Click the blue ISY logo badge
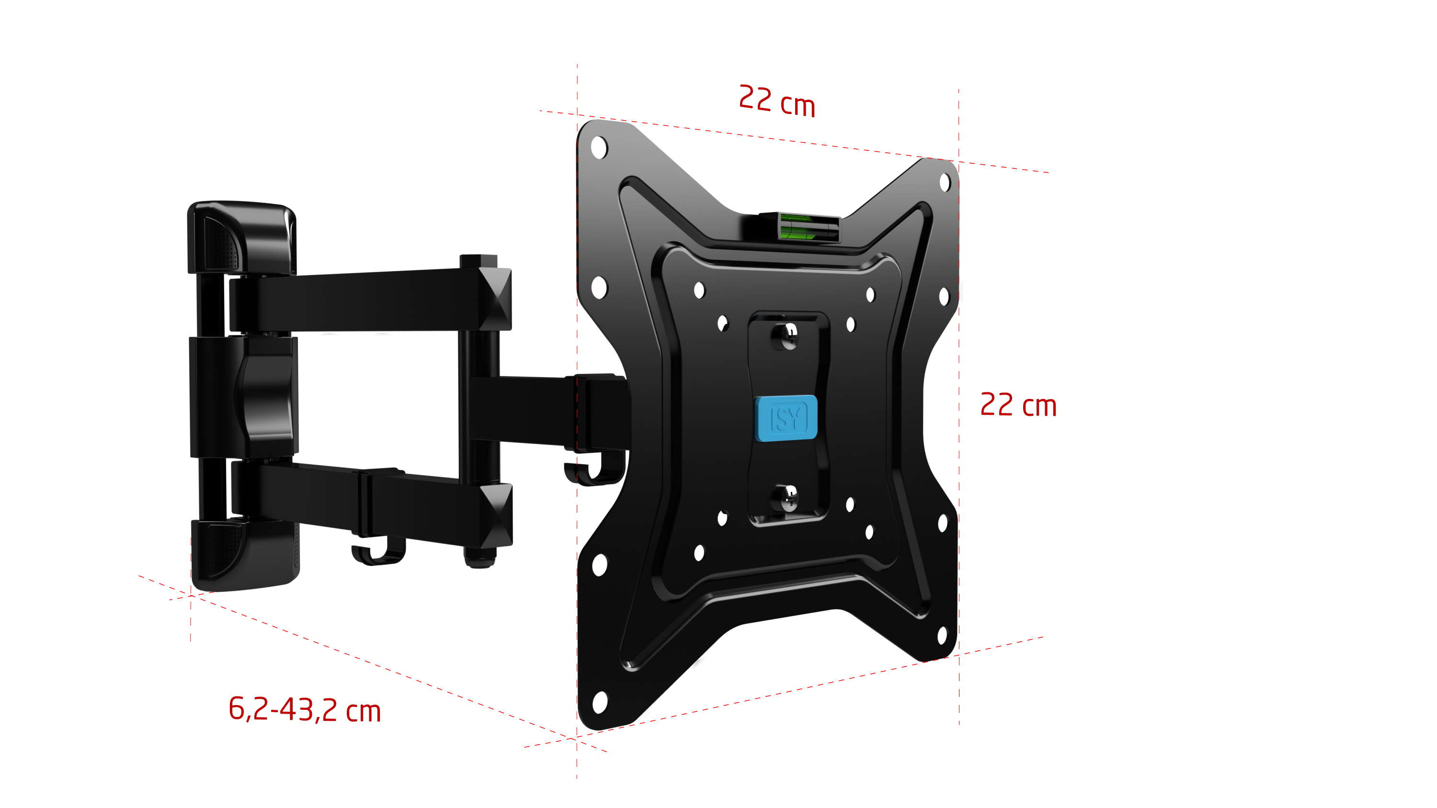tap(786, 418)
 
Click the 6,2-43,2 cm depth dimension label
tap(305, 710)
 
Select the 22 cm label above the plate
tap(776, 102)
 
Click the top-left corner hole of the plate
tap(599, 148)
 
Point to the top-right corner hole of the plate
tap(945, 182)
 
